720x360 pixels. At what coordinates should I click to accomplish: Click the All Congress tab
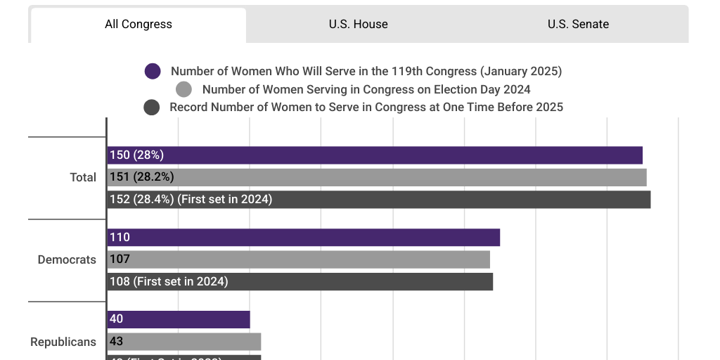139,25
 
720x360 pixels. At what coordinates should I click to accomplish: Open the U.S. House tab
358,25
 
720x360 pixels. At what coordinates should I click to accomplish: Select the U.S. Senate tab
578,25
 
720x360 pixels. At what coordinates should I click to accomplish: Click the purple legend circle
153,71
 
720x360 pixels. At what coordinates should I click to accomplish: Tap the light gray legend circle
184,89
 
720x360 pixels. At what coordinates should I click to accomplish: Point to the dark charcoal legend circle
151,108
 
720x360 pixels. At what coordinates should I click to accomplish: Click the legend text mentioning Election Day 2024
366,89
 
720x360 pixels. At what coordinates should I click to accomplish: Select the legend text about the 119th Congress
366,71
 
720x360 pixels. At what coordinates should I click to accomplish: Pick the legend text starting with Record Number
366,108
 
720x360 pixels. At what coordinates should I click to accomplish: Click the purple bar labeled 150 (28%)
375,155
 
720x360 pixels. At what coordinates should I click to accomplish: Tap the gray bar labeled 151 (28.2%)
377,177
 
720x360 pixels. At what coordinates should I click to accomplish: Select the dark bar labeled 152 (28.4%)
379,200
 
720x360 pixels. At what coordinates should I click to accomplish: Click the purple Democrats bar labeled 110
304,238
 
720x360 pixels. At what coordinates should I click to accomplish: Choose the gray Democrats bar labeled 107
299,259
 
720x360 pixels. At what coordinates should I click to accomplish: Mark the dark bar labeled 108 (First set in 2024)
300,282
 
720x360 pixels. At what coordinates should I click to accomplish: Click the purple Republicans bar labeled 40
179,319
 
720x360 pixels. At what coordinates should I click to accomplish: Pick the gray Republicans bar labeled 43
184,342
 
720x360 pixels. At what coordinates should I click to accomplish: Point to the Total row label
83,178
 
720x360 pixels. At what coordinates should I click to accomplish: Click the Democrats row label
67,260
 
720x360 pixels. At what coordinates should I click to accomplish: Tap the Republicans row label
63,342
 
